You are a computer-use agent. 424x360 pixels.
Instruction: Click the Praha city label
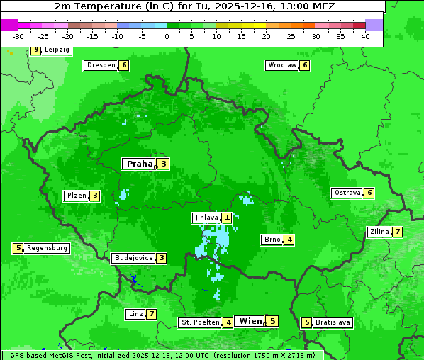[x=139, y=164]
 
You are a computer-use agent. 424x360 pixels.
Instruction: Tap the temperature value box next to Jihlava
[x=226, y=218]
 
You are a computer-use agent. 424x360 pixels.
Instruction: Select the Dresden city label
[x=101, y=65]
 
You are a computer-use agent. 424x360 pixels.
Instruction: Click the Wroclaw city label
[x=281, y=65]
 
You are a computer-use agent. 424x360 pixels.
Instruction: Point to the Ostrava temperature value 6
[x=369, y=193]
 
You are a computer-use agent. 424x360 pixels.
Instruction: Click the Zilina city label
[x=379, y=232]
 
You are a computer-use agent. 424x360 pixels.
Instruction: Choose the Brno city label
[x=272, y=240]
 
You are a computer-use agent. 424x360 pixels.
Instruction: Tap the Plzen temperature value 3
[x=94, y=196]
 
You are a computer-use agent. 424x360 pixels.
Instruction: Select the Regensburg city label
[x=48, y=248]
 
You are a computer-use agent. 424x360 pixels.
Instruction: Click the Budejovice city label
[x=133, y=258]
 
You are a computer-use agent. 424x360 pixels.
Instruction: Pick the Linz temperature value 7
[x=151, y=314]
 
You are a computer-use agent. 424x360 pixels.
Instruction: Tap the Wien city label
[x=250, y=321]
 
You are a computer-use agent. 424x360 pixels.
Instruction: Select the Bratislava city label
[x=333, y=322]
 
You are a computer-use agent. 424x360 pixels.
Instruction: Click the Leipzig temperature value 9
[x=36, y=50]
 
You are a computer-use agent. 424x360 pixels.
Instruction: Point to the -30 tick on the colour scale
[x=18, y=35]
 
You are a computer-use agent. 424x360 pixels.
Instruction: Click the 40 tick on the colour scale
[x=365, y=35]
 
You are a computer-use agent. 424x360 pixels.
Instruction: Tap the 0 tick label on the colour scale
[x=167, y=35]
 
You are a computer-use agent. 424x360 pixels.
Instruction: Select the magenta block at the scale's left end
[x=10, y=25]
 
